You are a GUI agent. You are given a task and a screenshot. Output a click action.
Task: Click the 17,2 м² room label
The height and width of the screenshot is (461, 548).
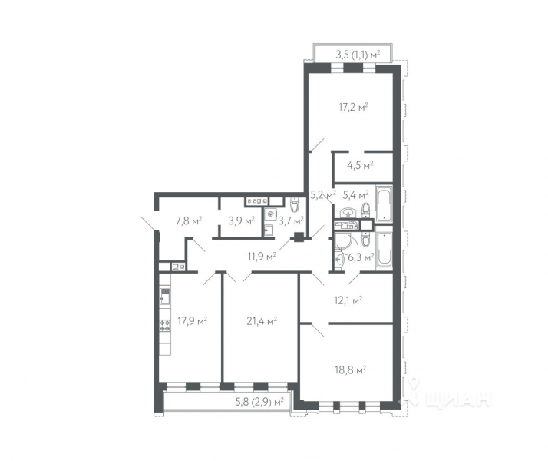pyautogui.click(x=353, y=107)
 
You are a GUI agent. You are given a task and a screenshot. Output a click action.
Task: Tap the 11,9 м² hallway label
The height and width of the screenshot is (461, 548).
pyautogui.click(x=261, y=256)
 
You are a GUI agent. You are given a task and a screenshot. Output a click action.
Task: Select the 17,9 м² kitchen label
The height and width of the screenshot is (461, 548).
pyautogui.click(x=193, y=320)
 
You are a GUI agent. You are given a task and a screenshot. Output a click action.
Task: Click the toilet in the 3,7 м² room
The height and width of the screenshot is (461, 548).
pyautogui.click(x=294, y=205)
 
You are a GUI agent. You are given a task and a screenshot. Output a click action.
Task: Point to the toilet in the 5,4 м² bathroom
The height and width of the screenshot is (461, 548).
pyautogui.click(x=365, y=209)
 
